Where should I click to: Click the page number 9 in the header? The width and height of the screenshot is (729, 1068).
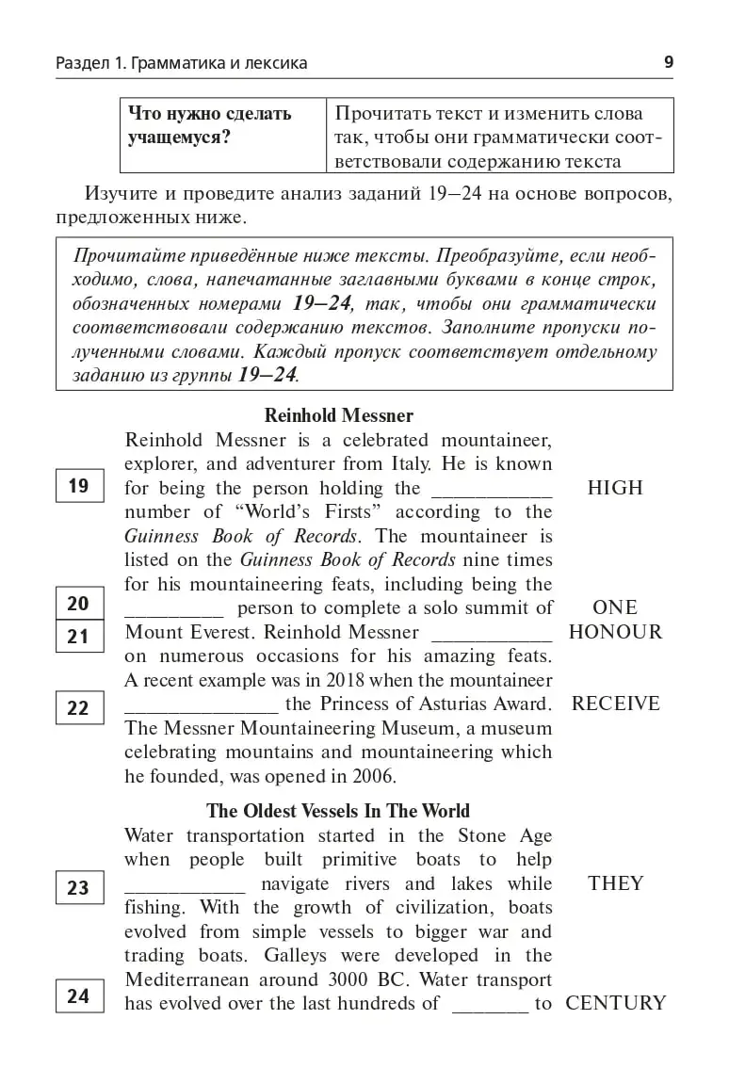click(x=669, y=63)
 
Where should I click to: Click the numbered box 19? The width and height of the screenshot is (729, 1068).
click(x=78, y=486)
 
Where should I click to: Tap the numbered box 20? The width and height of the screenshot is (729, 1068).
click(x=78, y=604)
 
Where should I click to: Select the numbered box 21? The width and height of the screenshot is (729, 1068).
click(x=78, y=637)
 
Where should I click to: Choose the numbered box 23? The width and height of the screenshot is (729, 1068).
click(x=78, y=888)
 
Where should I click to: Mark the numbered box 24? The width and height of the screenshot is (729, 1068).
click(x=78, y=995)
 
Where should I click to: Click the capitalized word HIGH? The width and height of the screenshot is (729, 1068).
click(x=615, y=488)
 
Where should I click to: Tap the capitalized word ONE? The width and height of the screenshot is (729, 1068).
click(x=615, y=607)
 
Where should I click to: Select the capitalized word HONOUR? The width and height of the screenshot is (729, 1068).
click(x=615, y=632)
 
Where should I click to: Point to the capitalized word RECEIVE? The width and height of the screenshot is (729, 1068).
click(x=615, y=704)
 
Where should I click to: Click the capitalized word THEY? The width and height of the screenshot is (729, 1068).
click(x=615, y=883)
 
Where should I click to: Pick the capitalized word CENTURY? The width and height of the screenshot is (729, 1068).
click(x=615, y=1003)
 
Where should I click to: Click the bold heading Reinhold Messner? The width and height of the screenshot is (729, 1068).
click(x=338, y=415)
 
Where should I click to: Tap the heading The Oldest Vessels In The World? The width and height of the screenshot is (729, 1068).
click(x=338, y=811)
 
